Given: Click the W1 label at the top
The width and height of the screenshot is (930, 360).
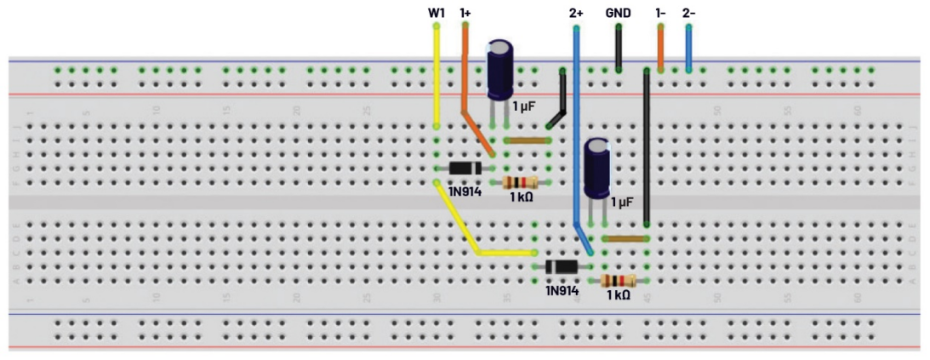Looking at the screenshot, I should coord(436,14).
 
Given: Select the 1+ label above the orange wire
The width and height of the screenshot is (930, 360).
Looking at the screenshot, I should coord(465,14).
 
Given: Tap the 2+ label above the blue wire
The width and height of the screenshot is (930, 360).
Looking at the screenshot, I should coord(576,14).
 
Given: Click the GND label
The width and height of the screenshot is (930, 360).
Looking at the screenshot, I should coord(618,14).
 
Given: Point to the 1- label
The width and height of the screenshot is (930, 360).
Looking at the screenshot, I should coord(660,14).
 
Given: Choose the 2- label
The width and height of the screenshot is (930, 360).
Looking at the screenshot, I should coord(688,14).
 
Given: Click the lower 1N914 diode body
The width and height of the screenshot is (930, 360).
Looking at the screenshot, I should coord(562,266).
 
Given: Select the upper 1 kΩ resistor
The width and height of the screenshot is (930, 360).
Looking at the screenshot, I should coord(520,182).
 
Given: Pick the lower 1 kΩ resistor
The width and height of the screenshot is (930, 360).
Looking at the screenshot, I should coord(618,281).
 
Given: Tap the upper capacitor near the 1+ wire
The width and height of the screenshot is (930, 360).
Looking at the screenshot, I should coord(499,71).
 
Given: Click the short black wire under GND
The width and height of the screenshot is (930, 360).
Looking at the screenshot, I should coord(618,49).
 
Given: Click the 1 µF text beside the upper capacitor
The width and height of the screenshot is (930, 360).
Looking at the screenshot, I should coord(525,106).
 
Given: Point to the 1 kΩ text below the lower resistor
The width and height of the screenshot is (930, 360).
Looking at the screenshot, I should coord(619,295).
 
